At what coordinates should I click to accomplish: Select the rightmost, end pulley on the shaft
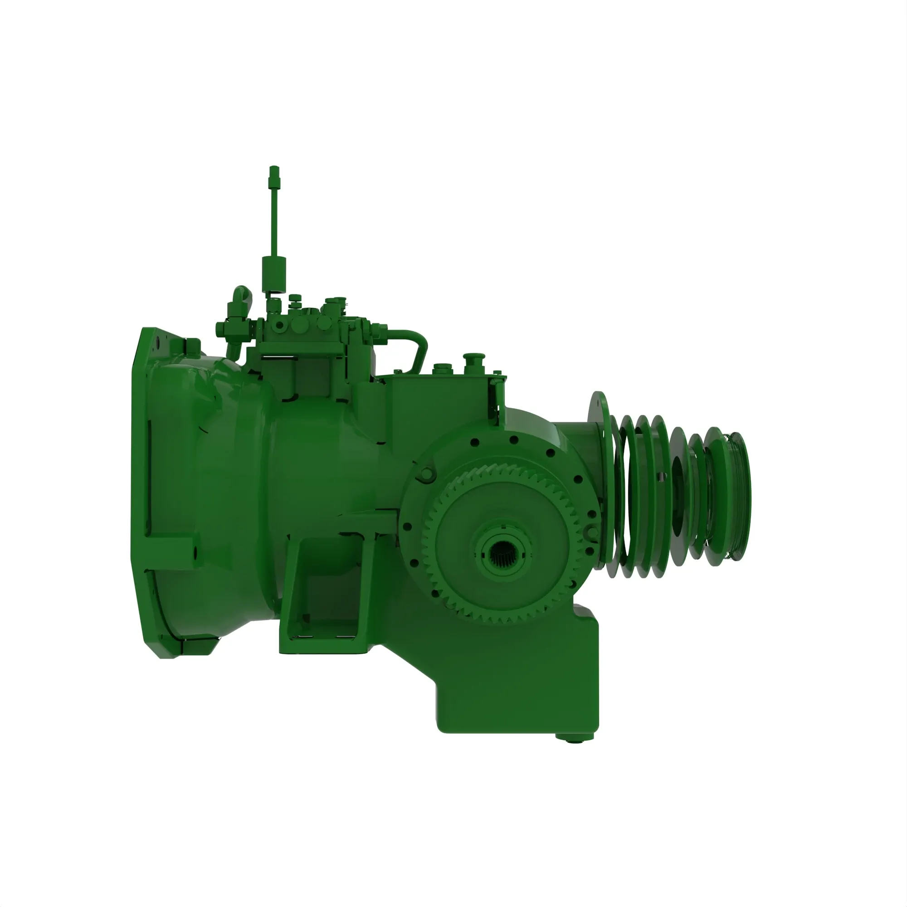pyautogui.click(x=736, y=498)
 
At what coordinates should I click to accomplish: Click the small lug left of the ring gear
pyautogui.click(x=425, y=474)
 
